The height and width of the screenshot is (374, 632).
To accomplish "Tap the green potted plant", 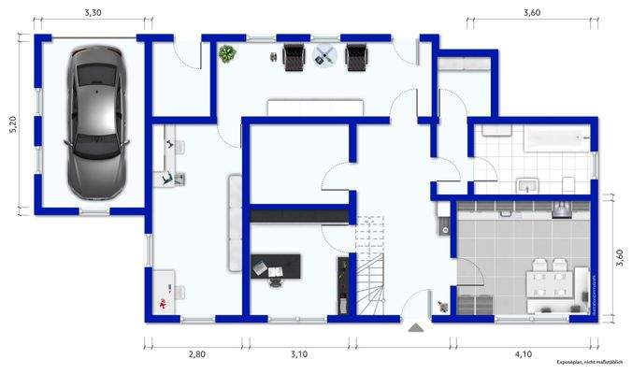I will tap(227, 54).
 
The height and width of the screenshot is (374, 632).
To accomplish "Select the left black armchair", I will tap(293, 57).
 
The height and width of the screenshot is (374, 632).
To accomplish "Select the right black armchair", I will tap(356, 57).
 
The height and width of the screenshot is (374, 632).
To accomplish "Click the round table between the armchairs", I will tap(324, 57).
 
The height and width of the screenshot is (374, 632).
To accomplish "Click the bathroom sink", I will tap(528, 183).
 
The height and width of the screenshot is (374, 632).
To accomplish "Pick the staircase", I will tap(371, 271).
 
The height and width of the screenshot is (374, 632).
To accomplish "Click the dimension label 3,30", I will tap(93, 13).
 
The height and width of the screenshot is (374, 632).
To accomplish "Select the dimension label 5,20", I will tap(12, 125).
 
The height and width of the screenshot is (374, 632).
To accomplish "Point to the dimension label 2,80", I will tap(196, 354).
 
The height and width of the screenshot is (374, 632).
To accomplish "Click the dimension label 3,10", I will tap(298, 354).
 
